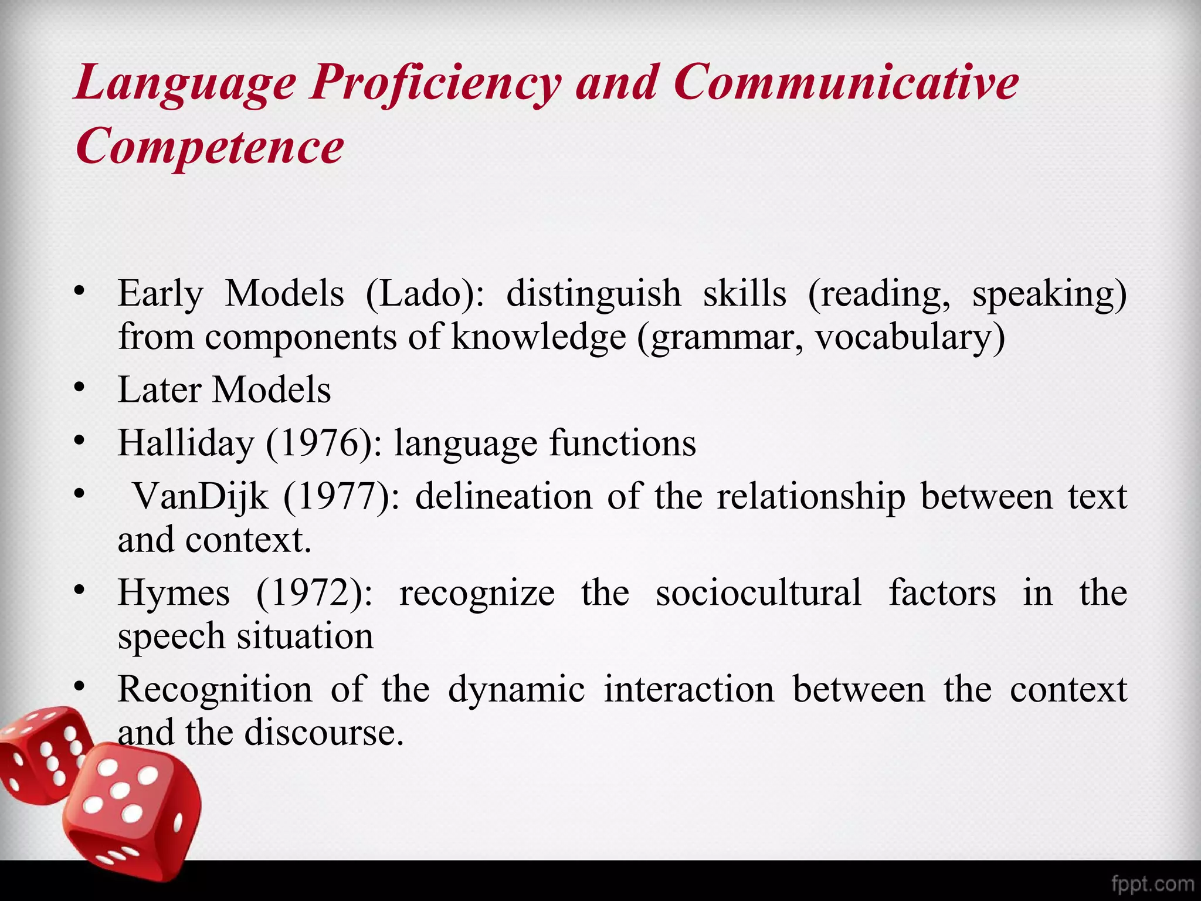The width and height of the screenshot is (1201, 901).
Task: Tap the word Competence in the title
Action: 209,146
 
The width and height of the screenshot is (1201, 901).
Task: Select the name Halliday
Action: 186,443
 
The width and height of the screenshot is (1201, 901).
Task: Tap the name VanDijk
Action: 201,497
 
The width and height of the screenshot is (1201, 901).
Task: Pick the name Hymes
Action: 174,593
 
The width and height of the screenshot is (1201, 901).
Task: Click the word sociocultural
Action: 759,593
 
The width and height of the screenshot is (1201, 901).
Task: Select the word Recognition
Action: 215,689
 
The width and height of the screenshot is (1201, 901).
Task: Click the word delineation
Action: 504,497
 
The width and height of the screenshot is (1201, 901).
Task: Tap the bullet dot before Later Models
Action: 80,388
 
